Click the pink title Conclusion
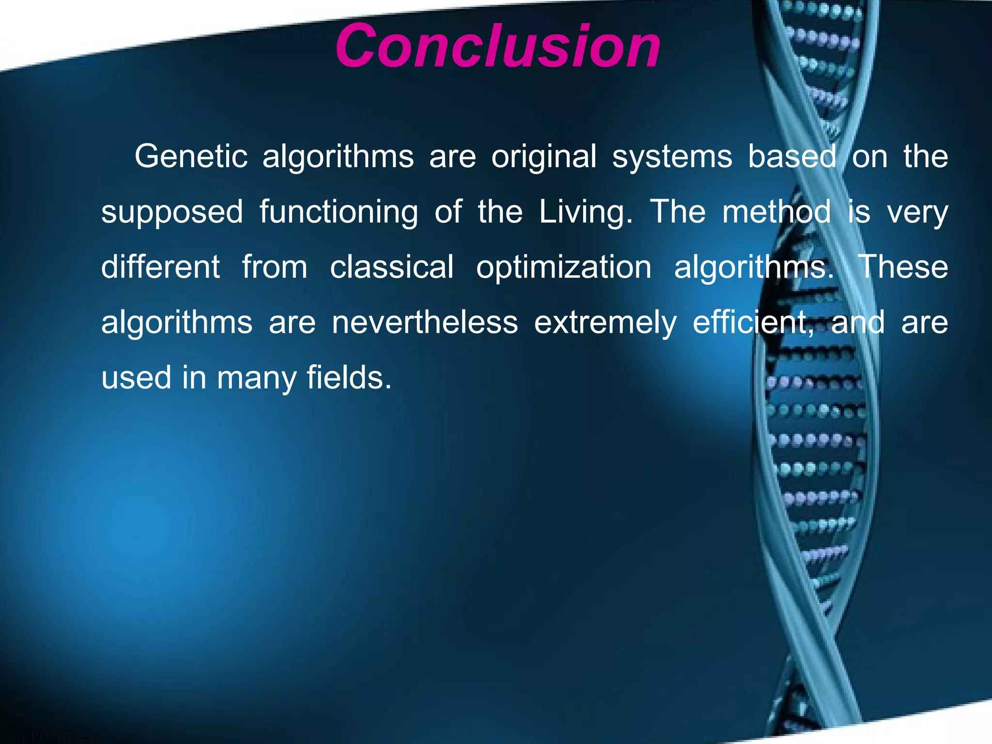point(498,46)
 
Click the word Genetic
point(191,156)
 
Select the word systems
point(672,157)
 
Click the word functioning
point(339,212)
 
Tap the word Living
point(586,212)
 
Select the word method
point(776,212)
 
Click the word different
point(160,267)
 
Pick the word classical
point(392,267)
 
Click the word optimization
point(563,268)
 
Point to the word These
point(903,267)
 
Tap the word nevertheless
point(425,322)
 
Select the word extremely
point(605,323)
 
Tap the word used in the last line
point(136,378)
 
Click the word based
point(792,156)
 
